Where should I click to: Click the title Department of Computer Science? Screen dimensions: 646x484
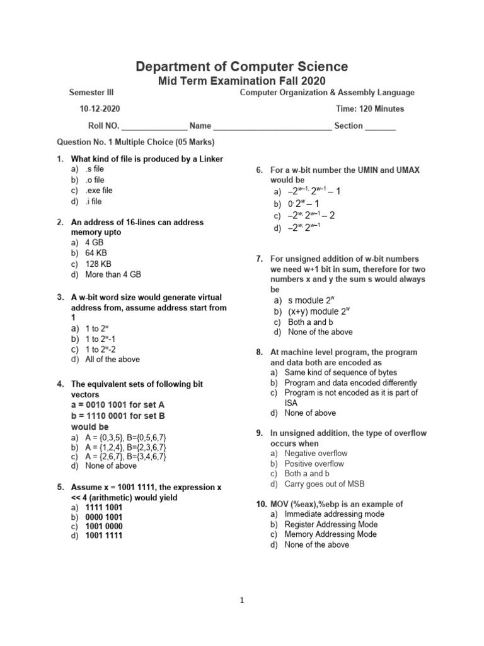(241, 66)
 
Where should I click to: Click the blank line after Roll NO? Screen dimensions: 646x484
(154, 126)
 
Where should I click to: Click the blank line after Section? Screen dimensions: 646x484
(381, 126)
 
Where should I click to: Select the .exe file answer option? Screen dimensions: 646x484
(99, 190)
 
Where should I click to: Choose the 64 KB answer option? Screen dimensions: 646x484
(96, 253)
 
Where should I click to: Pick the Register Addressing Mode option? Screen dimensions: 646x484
(331, 524)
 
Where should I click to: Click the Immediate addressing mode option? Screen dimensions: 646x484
(334, 514)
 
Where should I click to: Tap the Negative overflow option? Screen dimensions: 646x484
(316, 453)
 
